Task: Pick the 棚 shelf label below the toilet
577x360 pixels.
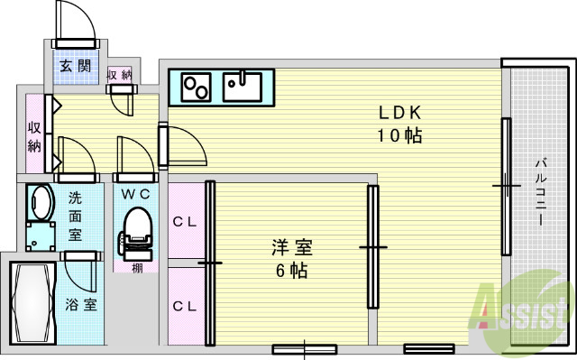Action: click(135, 267)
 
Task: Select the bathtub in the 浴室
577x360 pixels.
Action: click(34, 302)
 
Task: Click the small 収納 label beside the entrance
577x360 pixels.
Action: click(119, 75)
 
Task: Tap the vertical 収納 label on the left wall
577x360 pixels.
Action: click(34, 136)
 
